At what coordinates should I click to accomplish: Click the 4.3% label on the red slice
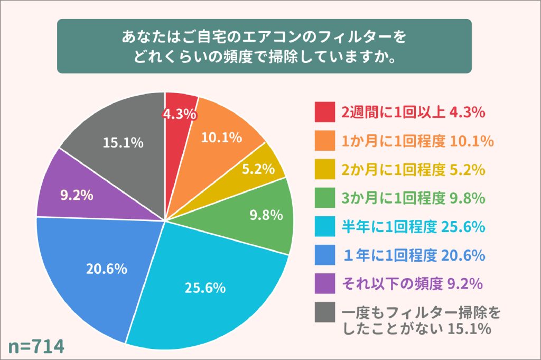[180, 114]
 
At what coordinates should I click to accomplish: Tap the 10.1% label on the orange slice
[222, 137]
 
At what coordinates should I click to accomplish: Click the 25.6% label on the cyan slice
[205, 288]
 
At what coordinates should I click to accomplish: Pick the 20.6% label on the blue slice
[107, 269]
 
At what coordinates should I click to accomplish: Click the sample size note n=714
[36, 346]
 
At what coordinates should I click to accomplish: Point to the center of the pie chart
[165, 220]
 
